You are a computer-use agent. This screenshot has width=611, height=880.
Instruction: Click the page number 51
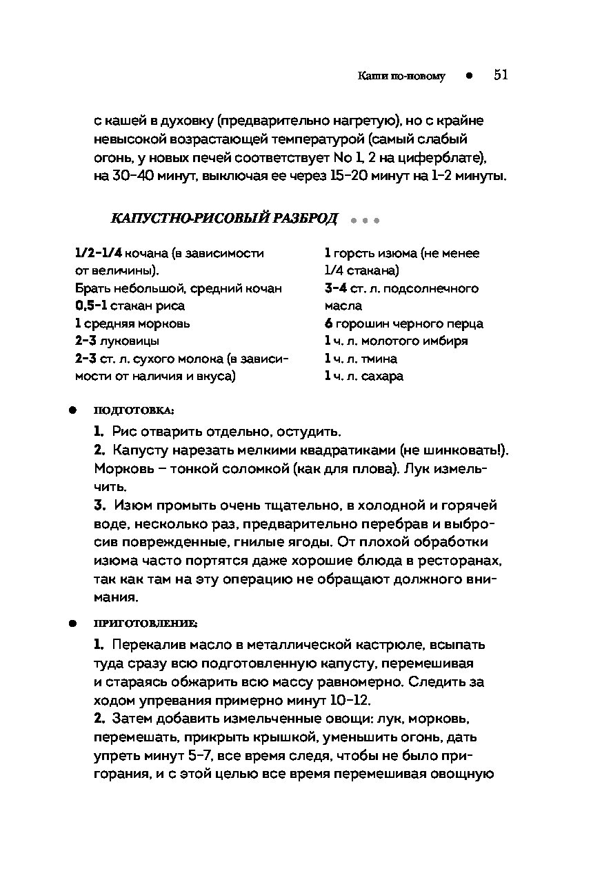point(501,75)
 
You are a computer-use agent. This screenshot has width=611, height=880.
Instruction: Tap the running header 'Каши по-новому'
point(401,77)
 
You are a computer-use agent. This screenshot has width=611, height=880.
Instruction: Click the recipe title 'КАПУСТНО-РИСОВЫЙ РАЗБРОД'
point(224,219)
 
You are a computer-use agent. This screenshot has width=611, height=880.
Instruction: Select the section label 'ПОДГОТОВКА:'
point(134,410)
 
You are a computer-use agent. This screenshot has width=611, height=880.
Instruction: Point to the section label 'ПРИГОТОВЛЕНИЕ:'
point(146,623)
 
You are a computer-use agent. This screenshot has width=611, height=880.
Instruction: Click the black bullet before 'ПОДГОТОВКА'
point(71,410)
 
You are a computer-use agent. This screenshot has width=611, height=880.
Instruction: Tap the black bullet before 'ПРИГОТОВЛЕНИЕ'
point(71,623)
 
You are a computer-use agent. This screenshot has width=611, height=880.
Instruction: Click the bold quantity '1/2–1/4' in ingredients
point(99,254)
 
